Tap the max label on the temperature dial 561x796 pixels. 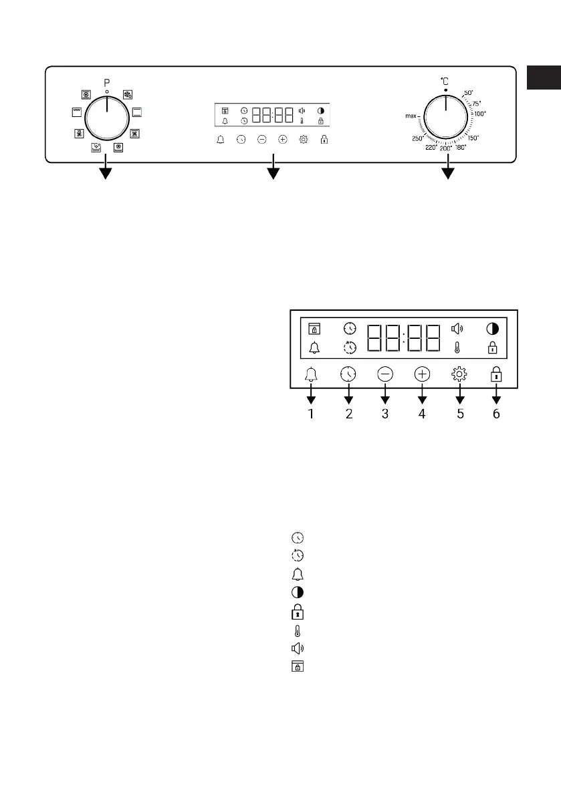(411, 116)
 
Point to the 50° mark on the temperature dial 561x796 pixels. (468, 92)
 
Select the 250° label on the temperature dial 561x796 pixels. (419, 138)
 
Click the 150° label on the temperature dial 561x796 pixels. (473, 137)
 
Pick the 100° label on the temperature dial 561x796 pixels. (480, 114)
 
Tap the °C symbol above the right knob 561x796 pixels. (445, 81)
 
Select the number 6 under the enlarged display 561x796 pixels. (496, 414)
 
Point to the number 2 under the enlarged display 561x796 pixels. (348, 414)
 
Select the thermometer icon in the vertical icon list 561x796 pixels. (297, 630)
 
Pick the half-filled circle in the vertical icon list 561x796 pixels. (297, 593)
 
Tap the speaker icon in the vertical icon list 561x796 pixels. (297, 648)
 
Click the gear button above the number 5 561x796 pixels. (459, 375)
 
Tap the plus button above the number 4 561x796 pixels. (421, 375)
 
